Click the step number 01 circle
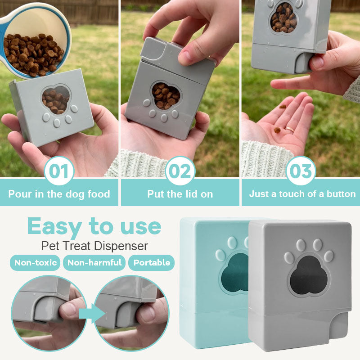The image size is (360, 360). [x=59, y=171]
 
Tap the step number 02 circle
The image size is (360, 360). [x=180, y=171]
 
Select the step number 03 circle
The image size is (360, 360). [x=301, y=171]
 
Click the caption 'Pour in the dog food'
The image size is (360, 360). [x=59, y=194]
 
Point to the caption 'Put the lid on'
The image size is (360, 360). [x=180, y=194]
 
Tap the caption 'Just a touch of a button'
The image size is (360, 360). [x=302, y=194]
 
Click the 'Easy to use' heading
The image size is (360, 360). [x=94, y=227]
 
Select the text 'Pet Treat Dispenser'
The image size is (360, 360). [x=94, y=246]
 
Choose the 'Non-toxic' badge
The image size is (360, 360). [x=35, y=262]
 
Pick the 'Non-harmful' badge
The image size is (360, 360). [x=94, y=262]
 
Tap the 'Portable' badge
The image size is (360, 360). [x=152, y=262]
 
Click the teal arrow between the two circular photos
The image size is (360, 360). [x=92, y=313]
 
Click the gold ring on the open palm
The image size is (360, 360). [x=290, y=129]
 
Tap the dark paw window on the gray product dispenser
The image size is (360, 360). [x=309, y=275]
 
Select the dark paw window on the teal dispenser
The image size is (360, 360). [x=234, y=273]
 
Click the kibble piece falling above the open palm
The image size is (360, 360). [x=283, y=107]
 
